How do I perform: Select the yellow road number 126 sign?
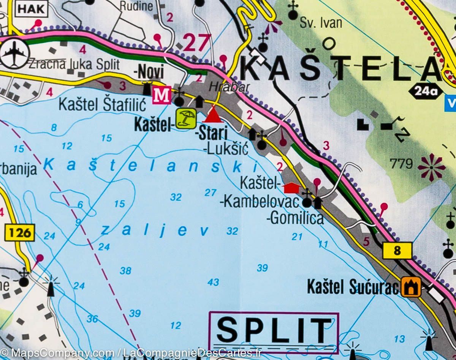point(20,232)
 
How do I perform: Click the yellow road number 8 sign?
point(397,251)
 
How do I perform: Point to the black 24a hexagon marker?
point(426,91)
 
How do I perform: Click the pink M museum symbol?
point(161,95)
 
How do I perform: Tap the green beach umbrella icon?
point(186,118)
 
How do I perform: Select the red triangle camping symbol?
point(214,115)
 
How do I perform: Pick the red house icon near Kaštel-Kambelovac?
point(292,188)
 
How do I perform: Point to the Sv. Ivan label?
point(321,23)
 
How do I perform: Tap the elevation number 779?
point(401,164)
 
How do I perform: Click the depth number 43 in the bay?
point(213,282)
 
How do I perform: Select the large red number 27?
point(197,42)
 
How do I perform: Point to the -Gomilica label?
point(295,218)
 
